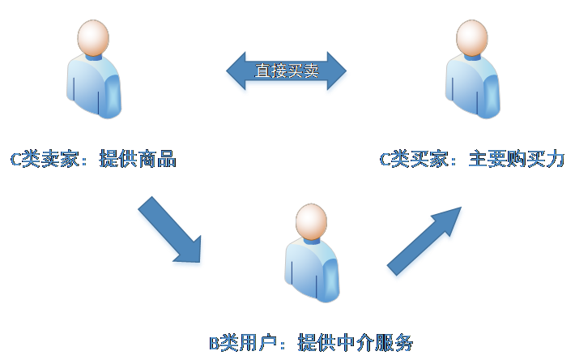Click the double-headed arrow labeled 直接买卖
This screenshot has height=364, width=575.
coord(287,73)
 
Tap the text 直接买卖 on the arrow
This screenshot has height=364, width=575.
coord(287,71)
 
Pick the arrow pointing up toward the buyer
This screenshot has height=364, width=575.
coord(426,241)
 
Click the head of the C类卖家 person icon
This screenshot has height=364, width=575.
coord(93,37)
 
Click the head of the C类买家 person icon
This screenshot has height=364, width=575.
coord(472,37)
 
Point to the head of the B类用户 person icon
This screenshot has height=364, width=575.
coord(312,221)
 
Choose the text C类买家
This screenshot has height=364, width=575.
coord(414,159)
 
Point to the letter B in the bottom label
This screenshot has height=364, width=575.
coord(215,344)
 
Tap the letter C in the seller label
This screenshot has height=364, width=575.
coord(15,160)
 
